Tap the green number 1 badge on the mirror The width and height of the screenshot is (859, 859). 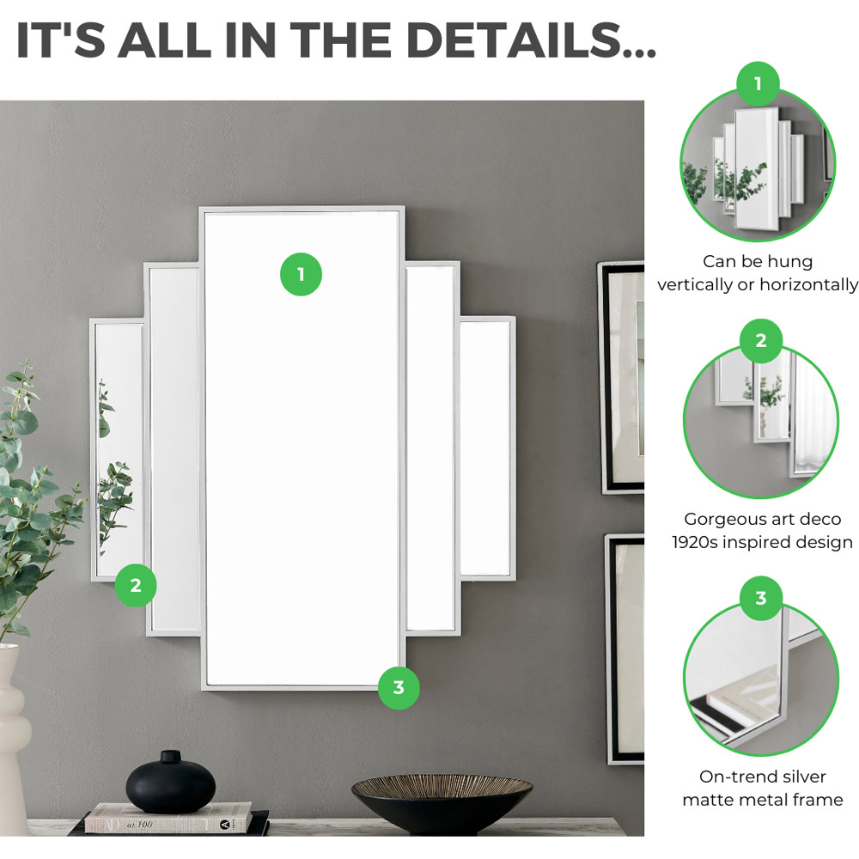point(301,274)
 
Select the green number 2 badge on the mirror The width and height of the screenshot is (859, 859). point(136,585)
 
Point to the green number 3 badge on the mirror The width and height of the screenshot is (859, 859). point(399,687)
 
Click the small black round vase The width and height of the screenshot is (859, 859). point(171,782)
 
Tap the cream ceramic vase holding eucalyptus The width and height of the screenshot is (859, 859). point(12,740)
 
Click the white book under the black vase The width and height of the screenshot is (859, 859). point(168,818)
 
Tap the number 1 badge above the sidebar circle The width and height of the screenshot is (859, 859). point(758,83)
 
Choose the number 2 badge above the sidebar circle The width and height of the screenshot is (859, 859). point(761,341)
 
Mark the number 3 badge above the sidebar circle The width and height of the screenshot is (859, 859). point(761,598)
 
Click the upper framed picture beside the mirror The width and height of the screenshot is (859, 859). point(620,378)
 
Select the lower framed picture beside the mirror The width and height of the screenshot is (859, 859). point(624,649)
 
